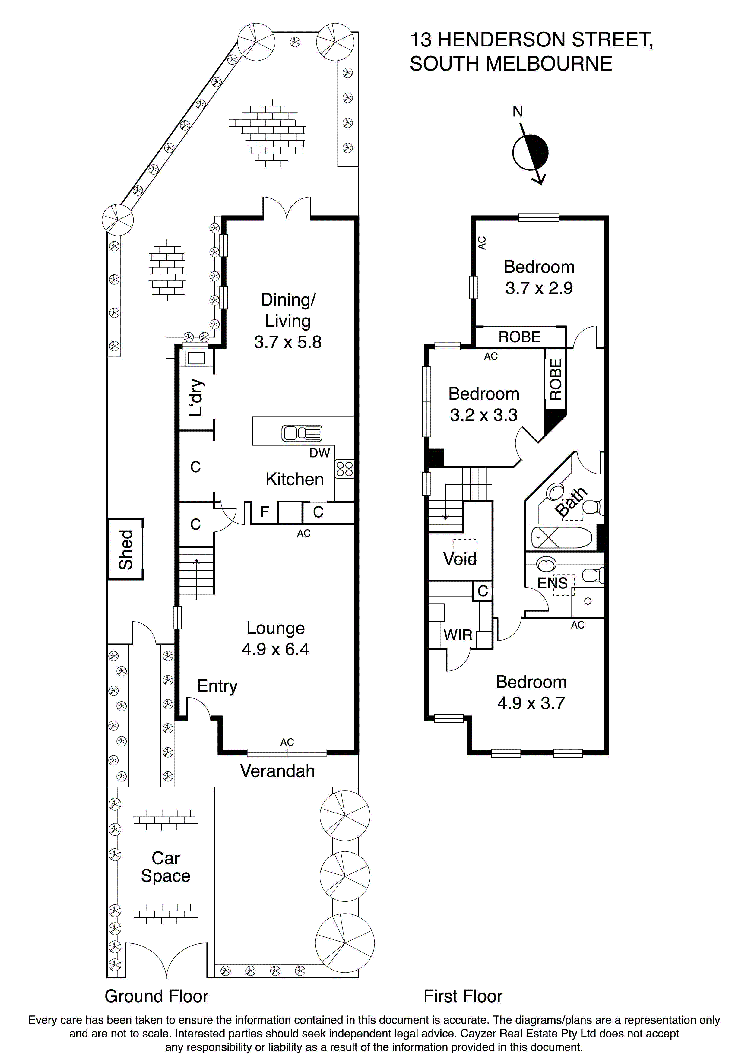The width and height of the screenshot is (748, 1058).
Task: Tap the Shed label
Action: point(125,549)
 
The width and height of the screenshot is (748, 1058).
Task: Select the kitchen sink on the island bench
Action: point(302,433)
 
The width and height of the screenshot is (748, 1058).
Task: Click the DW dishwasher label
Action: point(319,453)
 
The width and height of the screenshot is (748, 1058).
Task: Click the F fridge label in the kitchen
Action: point(265,512)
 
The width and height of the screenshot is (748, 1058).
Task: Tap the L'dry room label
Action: point(196,397)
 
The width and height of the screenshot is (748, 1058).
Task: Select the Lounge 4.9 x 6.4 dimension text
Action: point(276,649)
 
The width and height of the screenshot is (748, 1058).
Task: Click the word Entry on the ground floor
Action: point(217,686)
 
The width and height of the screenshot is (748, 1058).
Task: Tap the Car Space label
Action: point(166,867)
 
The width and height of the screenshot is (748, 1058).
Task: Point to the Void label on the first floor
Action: point(459,559)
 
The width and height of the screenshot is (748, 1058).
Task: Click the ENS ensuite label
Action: point(552,583)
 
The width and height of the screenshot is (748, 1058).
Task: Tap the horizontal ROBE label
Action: point(519,337)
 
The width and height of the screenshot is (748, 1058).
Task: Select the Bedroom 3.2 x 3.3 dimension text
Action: point(483,415)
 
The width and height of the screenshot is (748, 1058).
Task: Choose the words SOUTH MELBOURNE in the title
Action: point(511,64)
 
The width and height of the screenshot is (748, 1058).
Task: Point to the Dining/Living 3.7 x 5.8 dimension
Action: point(287,342)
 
